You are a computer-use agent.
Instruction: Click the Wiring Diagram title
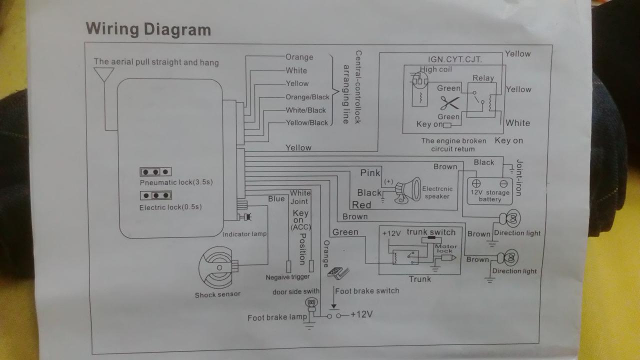(148, 29)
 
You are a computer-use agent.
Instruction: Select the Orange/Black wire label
(307, 97)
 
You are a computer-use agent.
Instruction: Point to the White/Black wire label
(305, 110)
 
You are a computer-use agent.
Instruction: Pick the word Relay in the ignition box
(483, 78)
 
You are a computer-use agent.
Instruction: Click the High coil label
(435, 69)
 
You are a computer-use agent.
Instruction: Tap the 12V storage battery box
(489, 190)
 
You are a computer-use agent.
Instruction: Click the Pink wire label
(370, 173)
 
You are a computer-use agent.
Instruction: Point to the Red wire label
(361, 204)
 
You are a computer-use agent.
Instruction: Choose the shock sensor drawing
(215, 268)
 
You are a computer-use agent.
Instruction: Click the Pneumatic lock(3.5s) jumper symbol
(155, 171)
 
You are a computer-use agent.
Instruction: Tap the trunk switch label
(431, 232)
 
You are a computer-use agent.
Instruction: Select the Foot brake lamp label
(277, 318)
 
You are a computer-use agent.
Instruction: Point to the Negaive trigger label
(287, 277)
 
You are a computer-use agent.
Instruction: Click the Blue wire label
(276, 199)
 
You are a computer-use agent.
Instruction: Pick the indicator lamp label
(244, 234)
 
